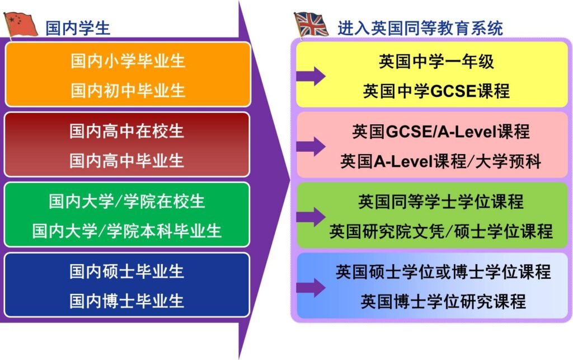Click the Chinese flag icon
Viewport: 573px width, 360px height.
pyautogui.click(x=21, y=25)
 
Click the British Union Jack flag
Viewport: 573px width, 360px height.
pyautogui.click(x=311, y=25)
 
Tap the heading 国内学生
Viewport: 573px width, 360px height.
pyautogui.click(x=77, y=28)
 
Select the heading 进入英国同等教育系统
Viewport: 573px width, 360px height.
pyautogui.click(x=420, y=28)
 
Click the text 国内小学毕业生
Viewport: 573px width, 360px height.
pyautogui.click(x=128, y=60)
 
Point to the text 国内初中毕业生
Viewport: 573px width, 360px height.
pyautogui.click(x=128, y=90)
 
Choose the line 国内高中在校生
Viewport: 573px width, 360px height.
pyautogui.click(x=126, y=131)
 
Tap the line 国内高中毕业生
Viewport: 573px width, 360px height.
pyautogui.click(x=126, y=161)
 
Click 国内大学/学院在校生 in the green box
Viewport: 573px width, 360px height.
pyautogui.click(x=127, y=202)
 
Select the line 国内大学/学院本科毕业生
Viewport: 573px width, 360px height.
pyautogui.click(x=127, y=231)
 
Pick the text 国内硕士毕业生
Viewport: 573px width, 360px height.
pyautogui.click(x=126, y=271)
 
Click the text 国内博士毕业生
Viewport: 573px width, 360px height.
pyautogui.click(x=126, y=301)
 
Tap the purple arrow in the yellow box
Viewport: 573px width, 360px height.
pyautogui.click(x=311, y=76)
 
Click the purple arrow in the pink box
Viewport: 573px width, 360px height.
pyautogui.click(x=311, y=147)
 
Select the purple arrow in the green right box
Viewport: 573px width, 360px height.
pyautogui.click(x=311, y=217)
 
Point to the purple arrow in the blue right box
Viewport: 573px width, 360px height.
pyautogui.click(x=311, y=288)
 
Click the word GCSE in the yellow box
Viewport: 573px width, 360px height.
pyautogui.click(x=453, y=91)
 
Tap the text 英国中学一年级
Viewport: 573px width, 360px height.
pyautogui.click(x=436, y=62)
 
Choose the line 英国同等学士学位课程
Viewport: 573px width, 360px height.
pyautogui.click(x=441, y=202)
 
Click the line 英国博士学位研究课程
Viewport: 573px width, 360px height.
pyautogui.click(x=443, y=302)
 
